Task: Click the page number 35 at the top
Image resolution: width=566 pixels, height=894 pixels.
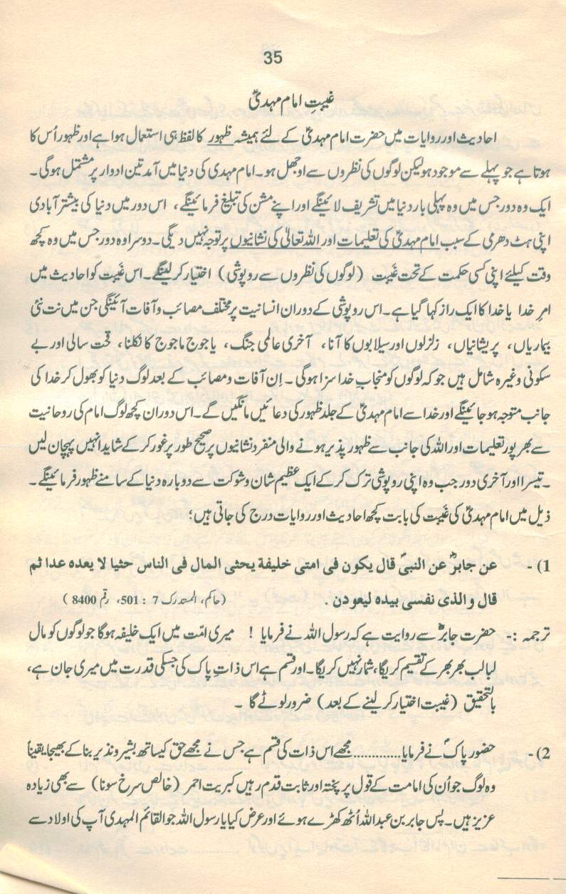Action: [273, 58]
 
